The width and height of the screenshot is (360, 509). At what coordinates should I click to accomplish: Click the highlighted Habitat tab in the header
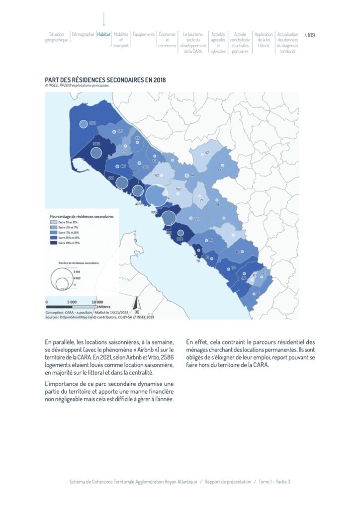coord(104,35)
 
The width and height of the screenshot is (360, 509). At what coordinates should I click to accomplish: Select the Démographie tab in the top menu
coord(83,35)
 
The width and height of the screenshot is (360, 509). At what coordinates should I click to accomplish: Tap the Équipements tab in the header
coord(144,35)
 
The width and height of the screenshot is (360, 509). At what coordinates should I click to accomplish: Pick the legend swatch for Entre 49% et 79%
coord(54,243)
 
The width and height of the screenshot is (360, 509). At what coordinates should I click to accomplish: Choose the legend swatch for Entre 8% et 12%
coord(54,222)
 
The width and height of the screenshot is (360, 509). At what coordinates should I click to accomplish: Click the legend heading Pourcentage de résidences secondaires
coord(82,217)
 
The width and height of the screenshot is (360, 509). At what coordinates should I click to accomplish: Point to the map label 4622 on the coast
coord(139,204)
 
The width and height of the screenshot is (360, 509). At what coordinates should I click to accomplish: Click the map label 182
coord(157,175)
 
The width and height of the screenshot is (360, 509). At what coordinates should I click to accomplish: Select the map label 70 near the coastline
coord(198,260)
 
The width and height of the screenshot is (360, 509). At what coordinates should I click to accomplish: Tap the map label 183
coord(178,189)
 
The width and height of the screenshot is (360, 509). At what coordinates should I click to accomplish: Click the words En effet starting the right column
coord(195,342)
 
